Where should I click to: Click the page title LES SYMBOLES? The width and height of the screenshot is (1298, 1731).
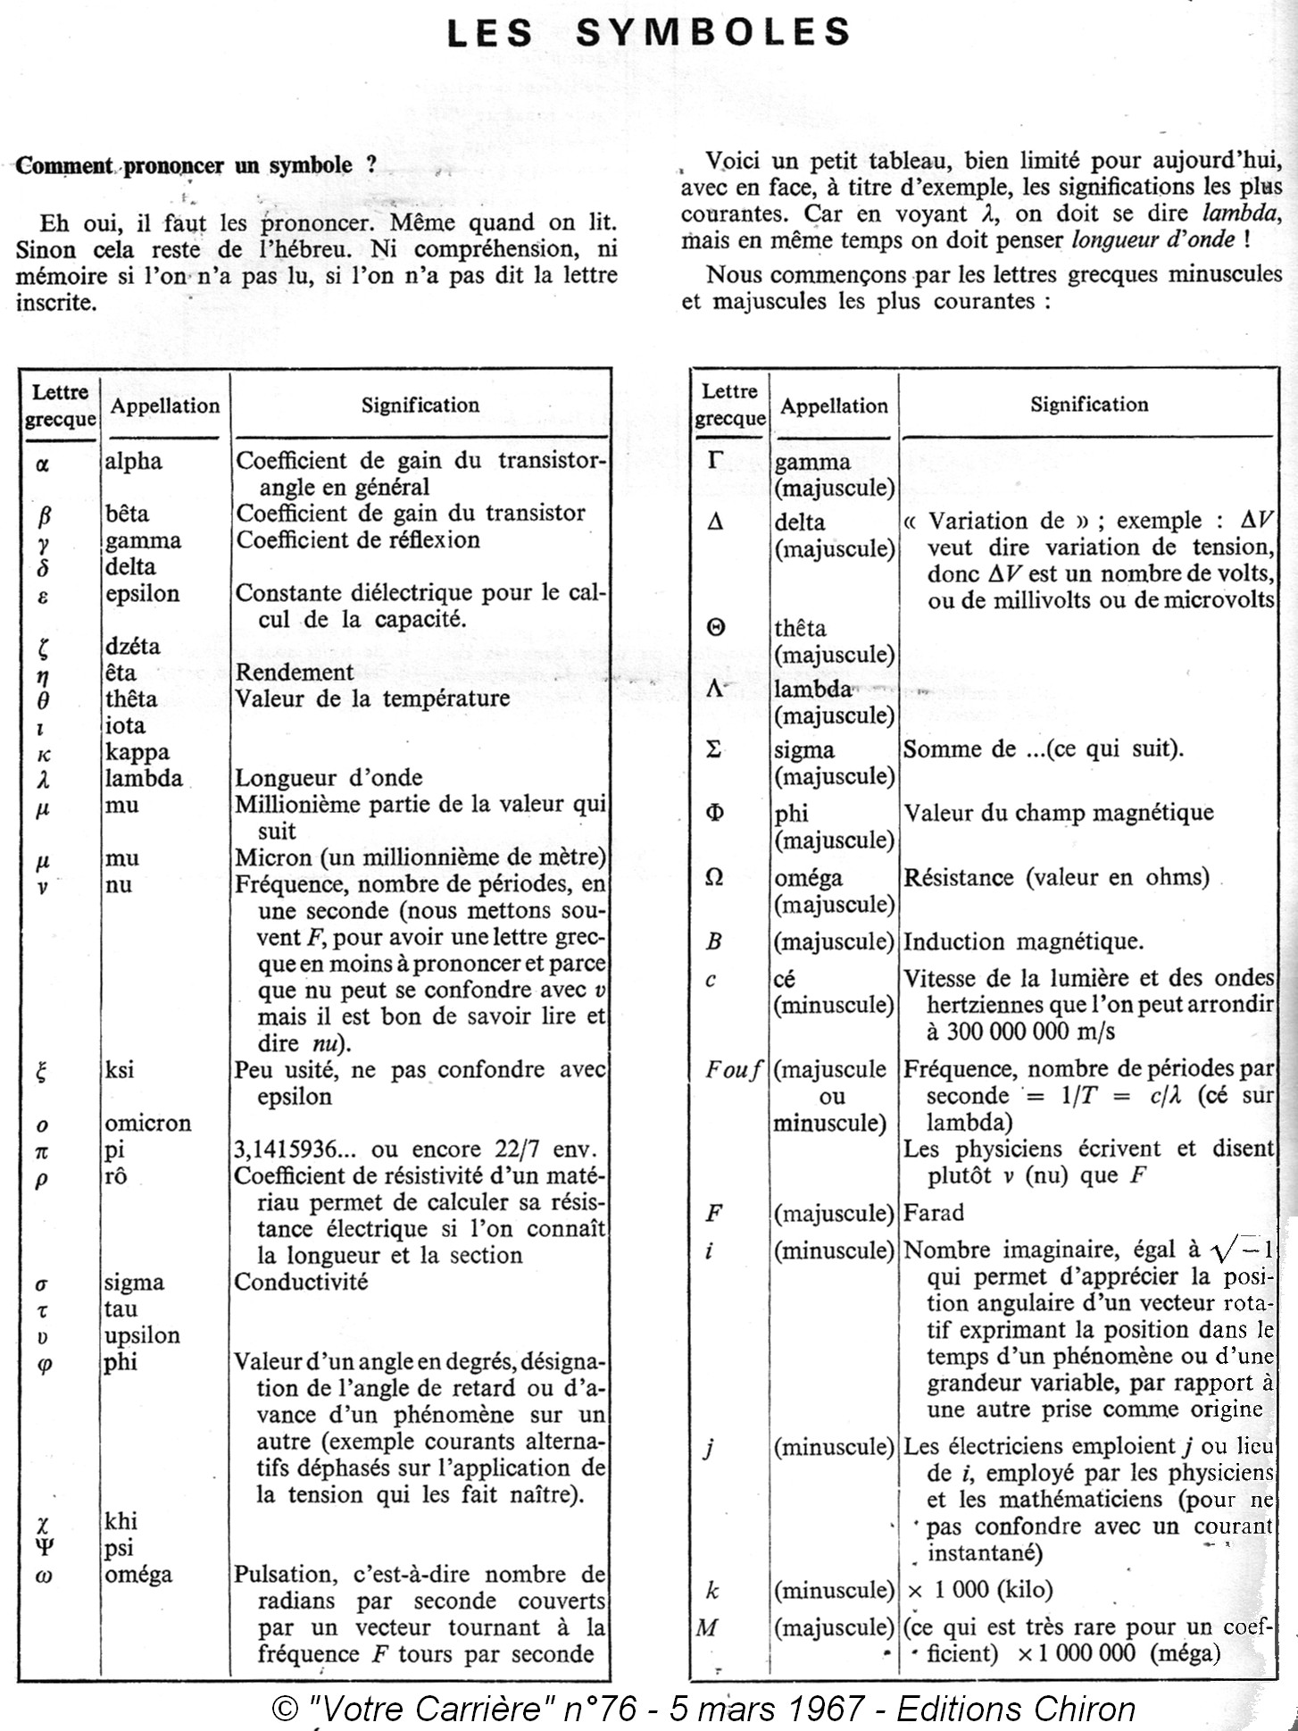(x=648, y=33)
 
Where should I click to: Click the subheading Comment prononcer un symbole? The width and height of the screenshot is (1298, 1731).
(x=196, y=166)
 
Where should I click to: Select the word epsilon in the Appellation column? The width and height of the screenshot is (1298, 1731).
(x=142, y=594)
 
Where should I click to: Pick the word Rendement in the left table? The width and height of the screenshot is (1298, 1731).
(x=295, y=673)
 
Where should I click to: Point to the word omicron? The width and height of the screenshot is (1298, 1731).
(x=148, y=1124)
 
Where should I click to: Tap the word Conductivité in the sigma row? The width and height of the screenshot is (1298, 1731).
(x=301, y=1283)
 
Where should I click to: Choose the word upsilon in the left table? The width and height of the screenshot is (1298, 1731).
(x=142, y=1336)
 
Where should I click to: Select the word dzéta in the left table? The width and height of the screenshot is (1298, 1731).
(x=133, y=647)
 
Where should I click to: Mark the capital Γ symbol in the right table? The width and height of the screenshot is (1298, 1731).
(x=715, y=463)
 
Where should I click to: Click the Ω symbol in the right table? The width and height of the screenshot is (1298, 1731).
(x=714, y=878)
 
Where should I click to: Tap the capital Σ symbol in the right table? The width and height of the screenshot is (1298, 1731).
(x=713, y=750)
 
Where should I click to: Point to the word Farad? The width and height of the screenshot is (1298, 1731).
(x=934, y=1213)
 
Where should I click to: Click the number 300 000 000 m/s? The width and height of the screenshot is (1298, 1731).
(x=1020, y=1032)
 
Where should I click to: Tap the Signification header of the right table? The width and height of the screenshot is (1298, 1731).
(x=1089, y=405)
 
